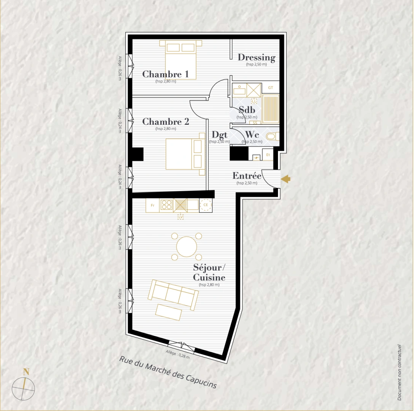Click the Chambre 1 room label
pos(165,74)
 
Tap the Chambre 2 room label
pos(165,122)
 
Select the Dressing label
pos(256,57)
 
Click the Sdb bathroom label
pos(246,110)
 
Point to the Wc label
pos(252,135)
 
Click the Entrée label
pos(247,176)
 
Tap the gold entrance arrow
pos(286,178)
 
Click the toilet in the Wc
pos(273,136)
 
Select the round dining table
pos(187,247)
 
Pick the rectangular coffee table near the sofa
pos(169,312)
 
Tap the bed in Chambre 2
pos(185,154)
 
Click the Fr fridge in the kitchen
pos(153,205)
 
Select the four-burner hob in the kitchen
pos(166,205)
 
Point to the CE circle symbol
pos(206,205)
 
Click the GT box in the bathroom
pos(270,88)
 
